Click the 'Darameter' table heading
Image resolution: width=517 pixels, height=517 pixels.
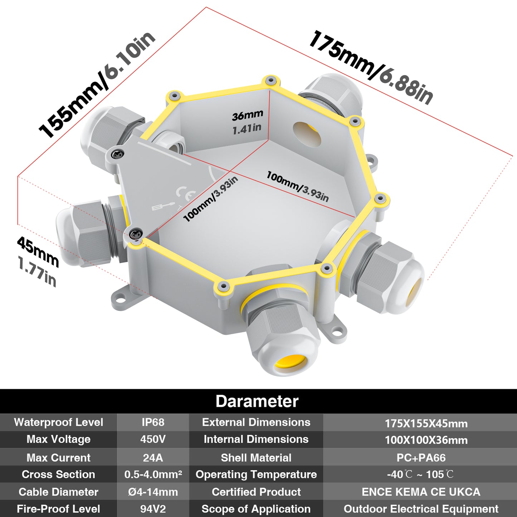click(257, 401)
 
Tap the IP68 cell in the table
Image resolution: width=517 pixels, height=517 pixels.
click(153, 422)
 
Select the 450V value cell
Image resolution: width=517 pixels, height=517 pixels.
click(153, 439)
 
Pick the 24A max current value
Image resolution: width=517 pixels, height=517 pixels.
click(153, 458)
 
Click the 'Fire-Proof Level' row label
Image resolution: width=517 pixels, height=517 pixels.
click(58, 509)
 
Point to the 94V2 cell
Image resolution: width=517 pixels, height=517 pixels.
click(153, 509)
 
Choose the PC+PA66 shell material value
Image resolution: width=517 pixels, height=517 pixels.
click(421, 458)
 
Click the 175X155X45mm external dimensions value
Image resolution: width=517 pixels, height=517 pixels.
click(426, 424)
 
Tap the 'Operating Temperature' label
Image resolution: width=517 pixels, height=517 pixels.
click(256, 475)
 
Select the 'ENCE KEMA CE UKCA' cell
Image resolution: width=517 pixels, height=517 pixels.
click(421, 492)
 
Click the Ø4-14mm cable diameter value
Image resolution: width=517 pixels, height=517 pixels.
click(153, 492)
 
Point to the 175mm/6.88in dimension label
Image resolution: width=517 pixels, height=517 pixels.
click(371, 67)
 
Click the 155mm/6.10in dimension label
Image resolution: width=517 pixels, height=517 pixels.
click(97, 84)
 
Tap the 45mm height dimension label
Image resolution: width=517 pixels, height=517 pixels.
click(38, 252)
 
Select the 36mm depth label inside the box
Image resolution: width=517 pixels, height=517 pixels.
click(247, 116)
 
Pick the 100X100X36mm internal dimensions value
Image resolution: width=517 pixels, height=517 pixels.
click(426, 440)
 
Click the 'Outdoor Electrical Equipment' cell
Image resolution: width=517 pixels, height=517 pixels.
click(421, 509)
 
